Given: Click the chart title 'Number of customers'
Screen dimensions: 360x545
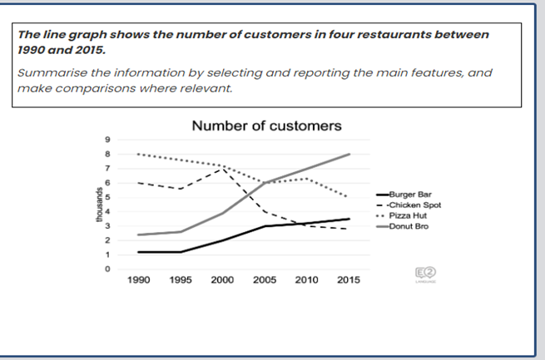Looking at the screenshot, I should coord(266,127).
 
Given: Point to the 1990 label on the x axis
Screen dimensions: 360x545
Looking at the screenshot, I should coord(138,281).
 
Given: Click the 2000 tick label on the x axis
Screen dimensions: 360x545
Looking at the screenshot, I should coord(222,281).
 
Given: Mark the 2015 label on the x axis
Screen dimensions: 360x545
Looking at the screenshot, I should coord(348,281).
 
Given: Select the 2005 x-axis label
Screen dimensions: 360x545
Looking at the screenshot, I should coord(265,281).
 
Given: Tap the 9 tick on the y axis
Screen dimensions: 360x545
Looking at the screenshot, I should coord(107,140).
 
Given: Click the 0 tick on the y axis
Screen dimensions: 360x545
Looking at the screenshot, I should coord(107,269).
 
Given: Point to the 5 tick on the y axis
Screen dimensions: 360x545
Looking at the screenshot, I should coord(107,197).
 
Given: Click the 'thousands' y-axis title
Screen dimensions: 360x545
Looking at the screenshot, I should coord(97,205).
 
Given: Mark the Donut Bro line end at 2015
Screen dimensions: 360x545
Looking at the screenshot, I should coord(348,154).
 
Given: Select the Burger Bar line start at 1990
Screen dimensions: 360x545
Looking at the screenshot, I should coord(138,252).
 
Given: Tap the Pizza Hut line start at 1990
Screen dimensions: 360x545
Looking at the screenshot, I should coord(138,154).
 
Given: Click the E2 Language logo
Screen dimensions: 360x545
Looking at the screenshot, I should coord(424,274).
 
